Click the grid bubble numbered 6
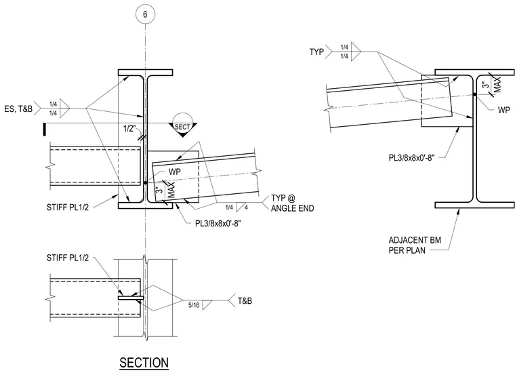(x=145, y=14)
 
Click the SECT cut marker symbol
(x=182, y=125)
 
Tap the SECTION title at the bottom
(x=144, y=363)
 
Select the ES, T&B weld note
(x=18, y=108)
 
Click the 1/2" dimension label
(x=129, y=129)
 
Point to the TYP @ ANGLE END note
(x=292, y=203)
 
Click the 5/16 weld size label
(x=194, y=305)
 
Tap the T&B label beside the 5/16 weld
(x=245, y=300)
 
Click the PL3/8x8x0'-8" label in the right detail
(x=411, y=158)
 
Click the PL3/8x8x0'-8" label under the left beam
(x=218, y=224)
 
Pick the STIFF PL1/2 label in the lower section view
(x=68, y=258)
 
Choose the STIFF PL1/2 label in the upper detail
(x=68, y=208)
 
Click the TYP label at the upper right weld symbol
(x=316, y=52)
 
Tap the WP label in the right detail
(x=504, y=110)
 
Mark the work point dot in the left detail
(x=145, y=182)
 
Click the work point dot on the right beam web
(x=475, y=95)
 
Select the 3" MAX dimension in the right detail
(x=492, y=85)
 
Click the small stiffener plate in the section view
(x=131, y=298)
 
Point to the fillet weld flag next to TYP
(x=356, y=52)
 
